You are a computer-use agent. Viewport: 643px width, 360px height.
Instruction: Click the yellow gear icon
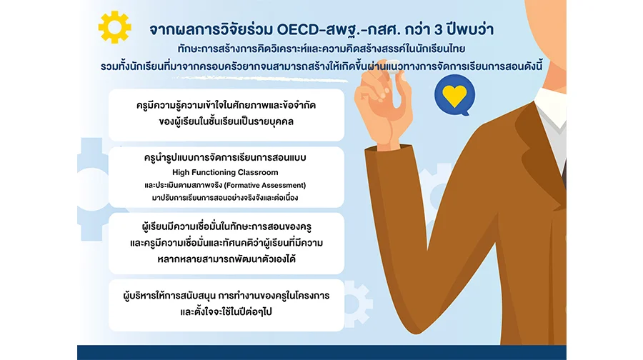tap(115, 27)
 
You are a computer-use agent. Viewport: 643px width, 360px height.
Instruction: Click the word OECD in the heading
tap(298, 30)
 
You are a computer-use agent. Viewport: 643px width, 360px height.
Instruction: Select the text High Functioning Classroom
tap(225, 173)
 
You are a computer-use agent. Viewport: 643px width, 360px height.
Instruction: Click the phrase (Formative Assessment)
tap(265, 185)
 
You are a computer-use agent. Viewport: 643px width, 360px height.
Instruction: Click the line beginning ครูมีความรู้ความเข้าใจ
tap(226, 106)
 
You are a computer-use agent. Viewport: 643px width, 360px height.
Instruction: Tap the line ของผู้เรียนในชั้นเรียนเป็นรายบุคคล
tap(226, 121)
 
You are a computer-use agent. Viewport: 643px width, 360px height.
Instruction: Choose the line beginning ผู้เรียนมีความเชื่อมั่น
tap(226, 226)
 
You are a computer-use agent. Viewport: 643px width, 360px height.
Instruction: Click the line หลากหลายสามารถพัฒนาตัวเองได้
tap(226, 259)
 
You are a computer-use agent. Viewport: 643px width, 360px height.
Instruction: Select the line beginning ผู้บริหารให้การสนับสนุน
tap(226, 296)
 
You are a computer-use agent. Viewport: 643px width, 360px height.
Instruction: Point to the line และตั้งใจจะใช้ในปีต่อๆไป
tap(226, 311)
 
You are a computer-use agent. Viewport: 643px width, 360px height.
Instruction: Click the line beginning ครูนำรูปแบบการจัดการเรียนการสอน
tap(225, 157)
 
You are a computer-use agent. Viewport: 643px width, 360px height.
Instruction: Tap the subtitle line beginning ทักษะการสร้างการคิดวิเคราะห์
tap(321, 49)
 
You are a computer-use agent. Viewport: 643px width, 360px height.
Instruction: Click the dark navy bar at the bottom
tap(321, 353)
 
